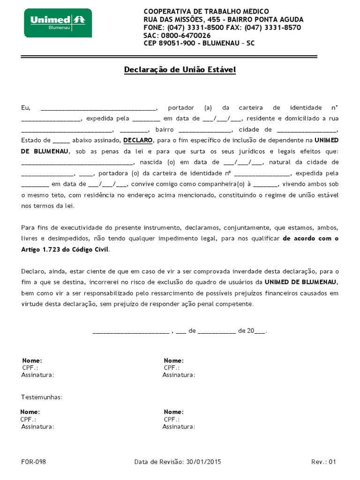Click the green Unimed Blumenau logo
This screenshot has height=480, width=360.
pos(58,22)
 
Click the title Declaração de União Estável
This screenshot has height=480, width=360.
pos(180,70)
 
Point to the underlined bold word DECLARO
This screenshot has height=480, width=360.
pos(138,140)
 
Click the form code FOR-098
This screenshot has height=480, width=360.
pos(34,462)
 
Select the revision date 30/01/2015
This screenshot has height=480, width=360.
pos(203,462)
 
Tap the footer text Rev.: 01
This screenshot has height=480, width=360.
pos(323,462)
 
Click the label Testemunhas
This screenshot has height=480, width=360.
pos(42,397)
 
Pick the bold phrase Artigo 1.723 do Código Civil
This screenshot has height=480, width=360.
pos(65,249)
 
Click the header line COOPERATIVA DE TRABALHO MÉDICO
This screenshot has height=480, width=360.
pos(206,11)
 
